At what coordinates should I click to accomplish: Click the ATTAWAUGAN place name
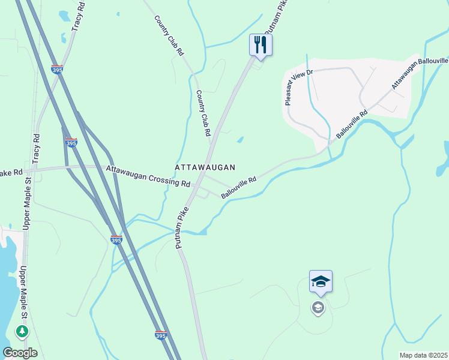click(205, 167)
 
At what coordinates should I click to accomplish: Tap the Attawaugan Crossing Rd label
click(148, 176)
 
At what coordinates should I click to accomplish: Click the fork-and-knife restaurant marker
click(261, 45)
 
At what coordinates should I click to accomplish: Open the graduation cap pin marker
click(321, 281)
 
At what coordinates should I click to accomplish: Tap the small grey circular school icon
click(318, 308)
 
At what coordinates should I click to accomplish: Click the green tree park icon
click(22, 331)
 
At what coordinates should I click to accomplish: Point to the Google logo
click(20, 352)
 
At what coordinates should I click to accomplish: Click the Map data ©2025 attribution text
click(423, 355)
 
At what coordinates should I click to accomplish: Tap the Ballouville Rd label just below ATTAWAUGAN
click(238, 187)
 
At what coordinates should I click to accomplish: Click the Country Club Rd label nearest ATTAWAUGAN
click(204, 113)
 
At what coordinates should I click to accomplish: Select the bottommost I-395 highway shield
click(160, 335)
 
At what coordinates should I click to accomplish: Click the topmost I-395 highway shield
click(57, 70)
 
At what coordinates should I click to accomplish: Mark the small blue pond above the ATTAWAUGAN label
click(240, 140)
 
